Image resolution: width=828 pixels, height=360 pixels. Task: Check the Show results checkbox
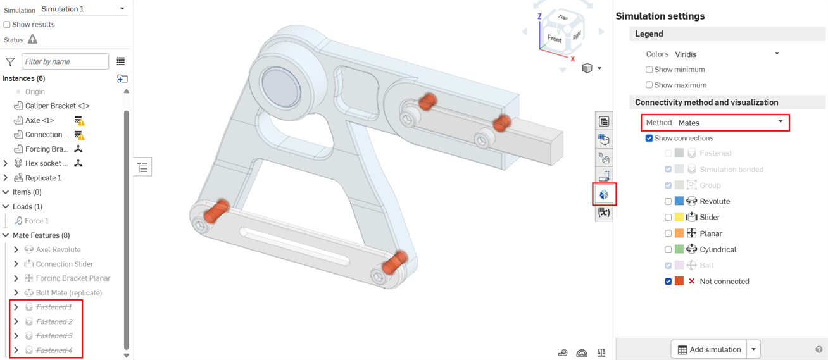[x=7, y=25]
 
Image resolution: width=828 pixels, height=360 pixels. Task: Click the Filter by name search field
[x=65, y=61]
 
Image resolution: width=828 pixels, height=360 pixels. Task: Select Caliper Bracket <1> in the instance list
[x=57, y=106]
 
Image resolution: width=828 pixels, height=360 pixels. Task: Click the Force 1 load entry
[x=37, y=221]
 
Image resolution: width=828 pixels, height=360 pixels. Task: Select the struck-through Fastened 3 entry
[x=54, y=336]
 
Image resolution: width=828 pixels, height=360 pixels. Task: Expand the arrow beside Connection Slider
[x=16, y=264]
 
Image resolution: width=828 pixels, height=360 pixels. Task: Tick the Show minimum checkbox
[x=649, y=70]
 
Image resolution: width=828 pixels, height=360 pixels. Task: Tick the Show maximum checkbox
[x=649, y=85]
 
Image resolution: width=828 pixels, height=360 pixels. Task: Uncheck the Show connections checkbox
[x=649, y=138]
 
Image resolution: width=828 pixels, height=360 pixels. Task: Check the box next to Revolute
[x=668, y=201]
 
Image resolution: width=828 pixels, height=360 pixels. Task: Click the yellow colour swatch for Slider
[x=679, y=217]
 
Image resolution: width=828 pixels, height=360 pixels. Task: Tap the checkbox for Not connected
[x=668, y=282]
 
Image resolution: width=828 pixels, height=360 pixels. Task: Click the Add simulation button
[x=709, y=349]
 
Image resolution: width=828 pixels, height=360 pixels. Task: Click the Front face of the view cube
[x=555, y=39]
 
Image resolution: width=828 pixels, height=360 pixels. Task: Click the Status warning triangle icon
[x=32, y=39]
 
